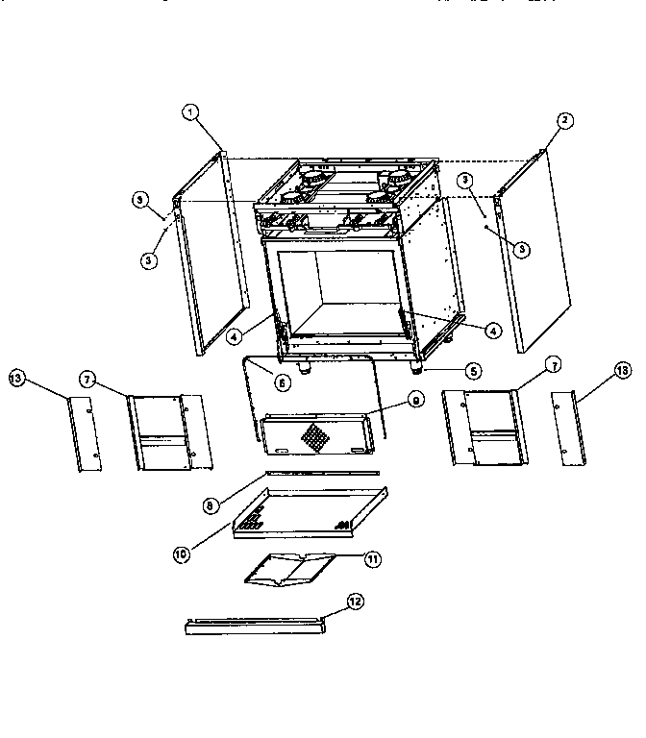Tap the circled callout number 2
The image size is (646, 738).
pyautogui.click(x=565, y=120)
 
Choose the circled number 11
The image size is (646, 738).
pyautogui.click(x=372, y=558)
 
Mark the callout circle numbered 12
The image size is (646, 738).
pyautogui.click(x=355, y=602)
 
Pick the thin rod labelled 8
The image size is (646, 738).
pyautogui.click(x=322, y=473)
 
